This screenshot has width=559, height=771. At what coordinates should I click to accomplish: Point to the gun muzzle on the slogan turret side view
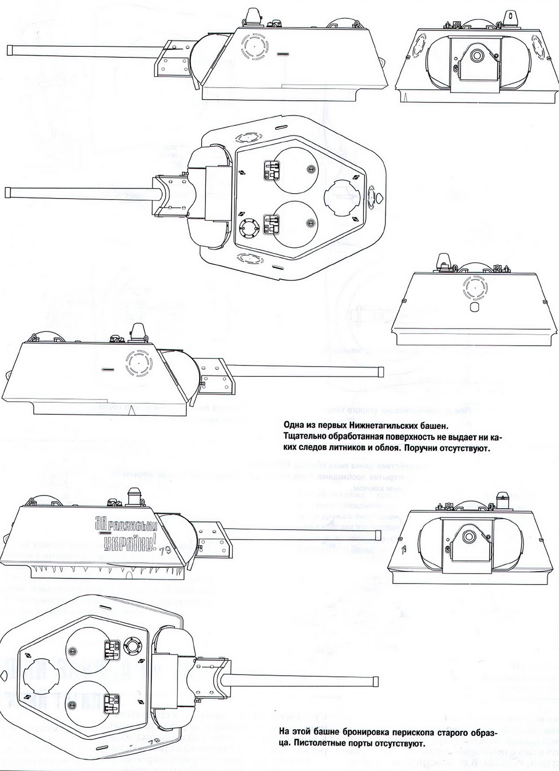coord(378,535)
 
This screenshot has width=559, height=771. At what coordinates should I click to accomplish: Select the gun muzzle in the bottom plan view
coord(375,682)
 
